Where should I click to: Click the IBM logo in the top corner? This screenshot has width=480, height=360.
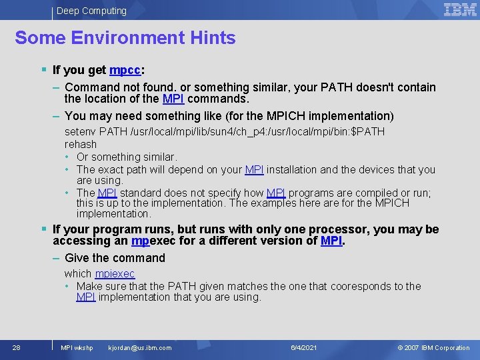coord(460,9)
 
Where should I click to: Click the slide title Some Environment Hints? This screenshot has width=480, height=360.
coord(125,38)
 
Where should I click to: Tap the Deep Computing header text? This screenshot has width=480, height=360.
coord(91,11)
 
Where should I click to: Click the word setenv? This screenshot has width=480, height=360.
coord(79,131)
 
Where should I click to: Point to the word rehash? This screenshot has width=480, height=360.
coord(81,144)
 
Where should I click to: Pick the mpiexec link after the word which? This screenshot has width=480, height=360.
coord(115,273)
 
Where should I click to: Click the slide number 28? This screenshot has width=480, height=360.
coord(17,347)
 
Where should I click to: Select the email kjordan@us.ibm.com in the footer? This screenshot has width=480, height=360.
coord(139,347)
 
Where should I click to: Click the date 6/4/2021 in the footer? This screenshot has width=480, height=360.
coord(304,347)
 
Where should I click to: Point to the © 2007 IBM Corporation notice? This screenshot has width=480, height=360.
coord(433,347)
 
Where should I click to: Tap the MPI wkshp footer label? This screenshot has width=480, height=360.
coord(77,347)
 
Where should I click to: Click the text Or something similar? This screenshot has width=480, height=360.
coord(127,157)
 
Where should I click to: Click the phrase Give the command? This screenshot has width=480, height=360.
coord(115,258)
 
